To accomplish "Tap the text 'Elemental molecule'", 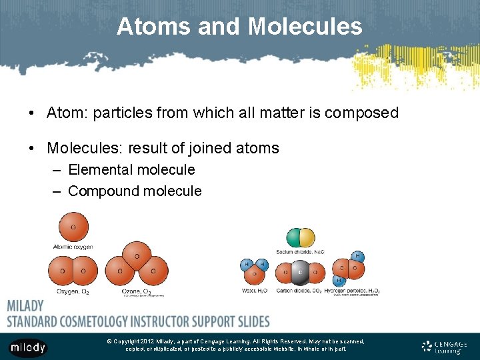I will (131, 170).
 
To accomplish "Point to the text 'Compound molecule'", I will (135, 191).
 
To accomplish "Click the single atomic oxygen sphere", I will (73, 227).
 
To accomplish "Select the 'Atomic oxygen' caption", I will (73, 247).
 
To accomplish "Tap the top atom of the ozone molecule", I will (137, 255).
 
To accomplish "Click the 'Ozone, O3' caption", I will (136, 291).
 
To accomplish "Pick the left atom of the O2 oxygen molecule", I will (63, 271).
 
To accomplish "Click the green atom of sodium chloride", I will (293, 237).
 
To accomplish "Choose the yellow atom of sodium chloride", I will (307, 237).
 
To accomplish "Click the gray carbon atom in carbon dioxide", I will (300, 272).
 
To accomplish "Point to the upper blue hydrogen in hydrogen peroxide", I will (358, 256).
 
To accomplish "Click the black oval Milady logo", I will (27, 347).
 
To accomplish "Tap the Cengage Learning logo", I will (444, 346).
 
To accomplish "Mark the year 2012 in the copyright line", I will (149, 341).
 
